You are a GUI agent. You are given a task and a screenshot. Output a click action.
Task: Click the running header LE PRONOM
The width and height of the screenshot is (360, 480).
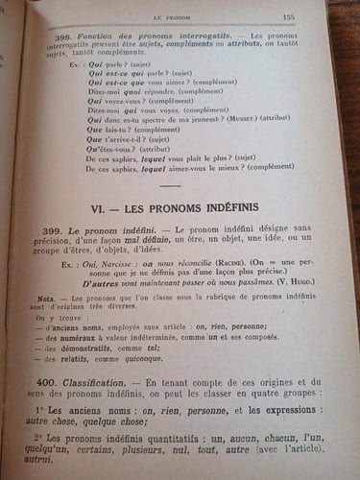(x=189, y=17)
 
